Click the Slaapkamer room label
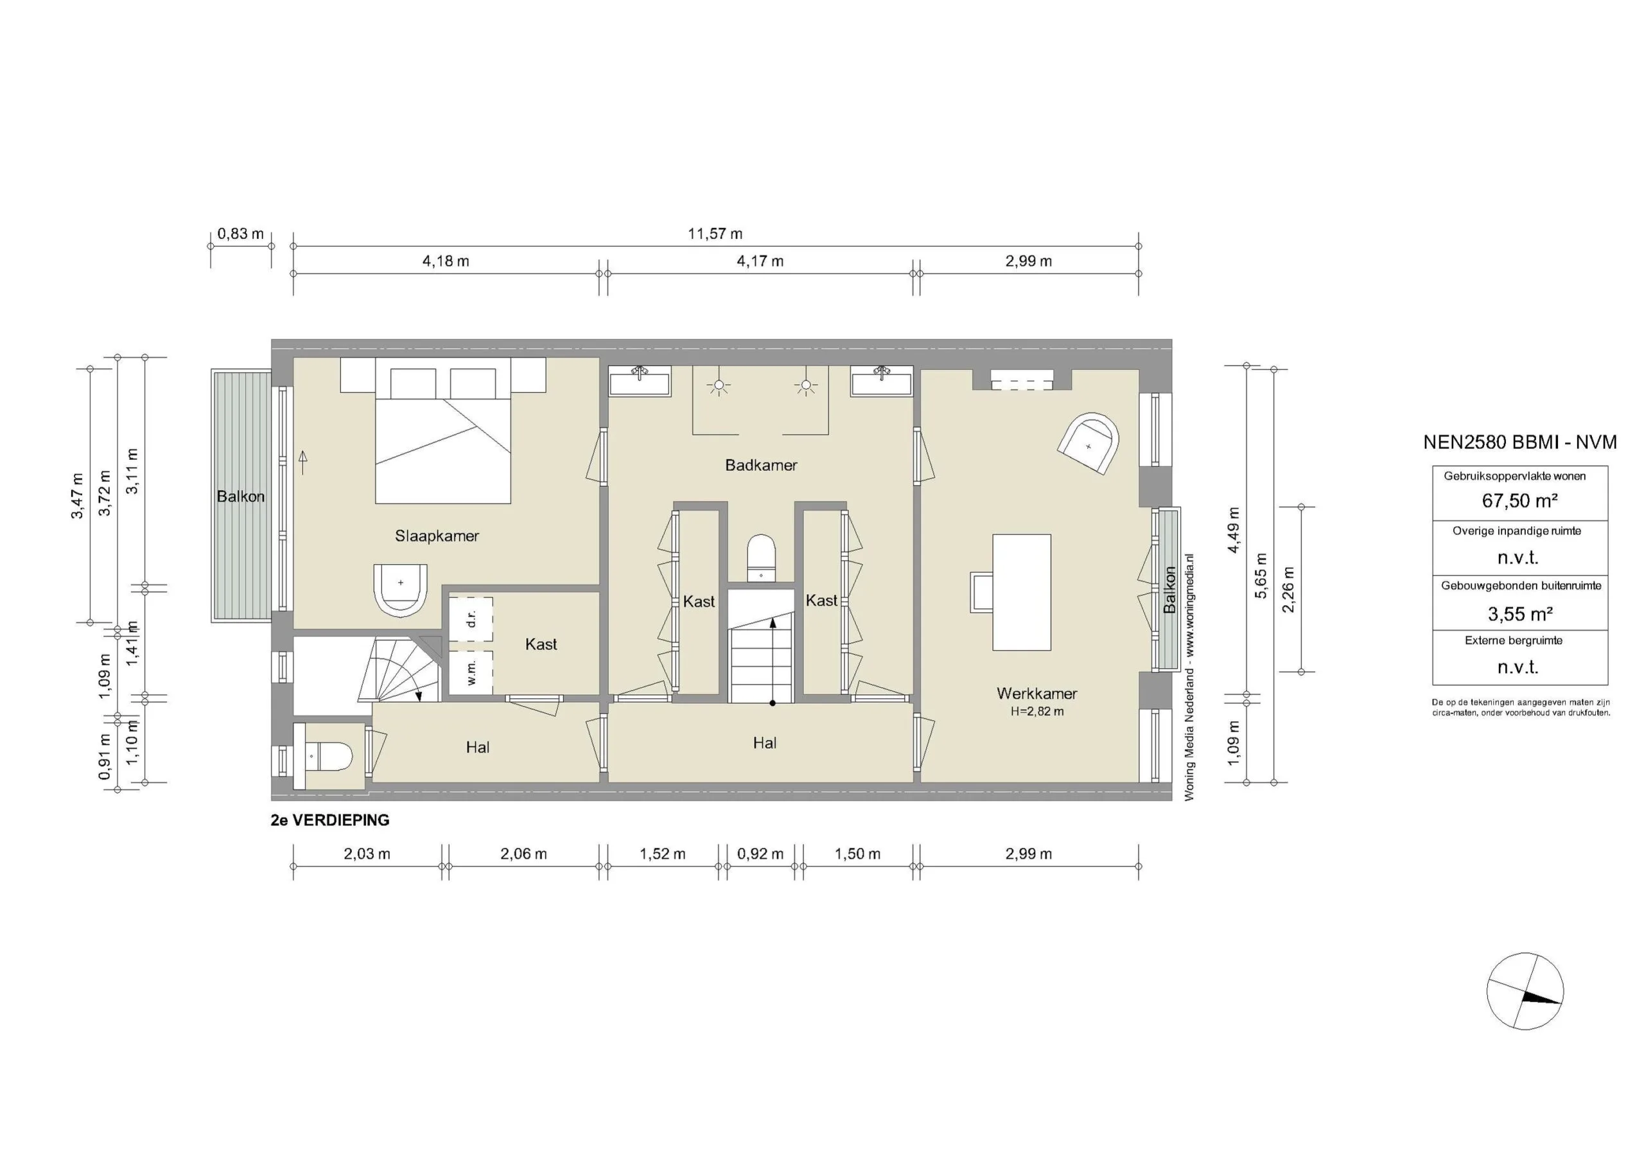click(x=436, y=536)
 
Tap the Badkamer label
click(x=760, y=466)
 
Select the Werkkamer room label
click(x=1036, y=693)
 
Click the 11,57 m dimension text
click(x=715, y=234)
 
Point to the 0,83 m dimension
click(x=240, y=234)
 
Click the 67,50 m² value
click(x=1519, y=500)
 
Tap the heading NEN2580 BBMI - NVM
click(x=1519, y=443)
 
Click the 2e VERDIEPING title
click(x=330, y=820)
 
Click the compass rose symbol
click(x=1525, y=991)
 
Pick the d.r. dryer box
click(x=471, y=619)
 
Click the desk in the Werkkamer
click(x=1021, y=592)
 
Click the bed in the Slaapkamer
click(x=442, y=448)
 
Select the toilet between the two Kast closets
click(x=760, y=558)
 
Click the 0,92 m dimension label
click(x=760, y=854)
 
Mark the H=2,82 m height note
click(x=1036, y=711)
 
